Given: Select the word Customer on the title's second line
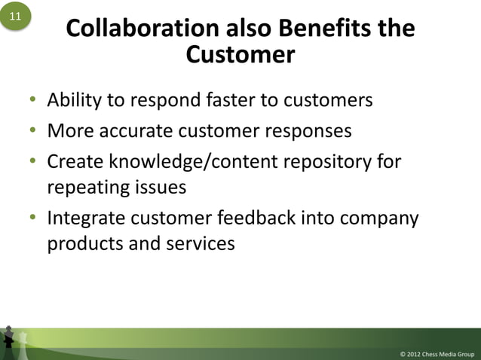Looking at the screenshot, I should [240, 55].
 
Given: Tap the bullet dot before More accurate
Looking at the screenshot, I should [33, 132].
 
